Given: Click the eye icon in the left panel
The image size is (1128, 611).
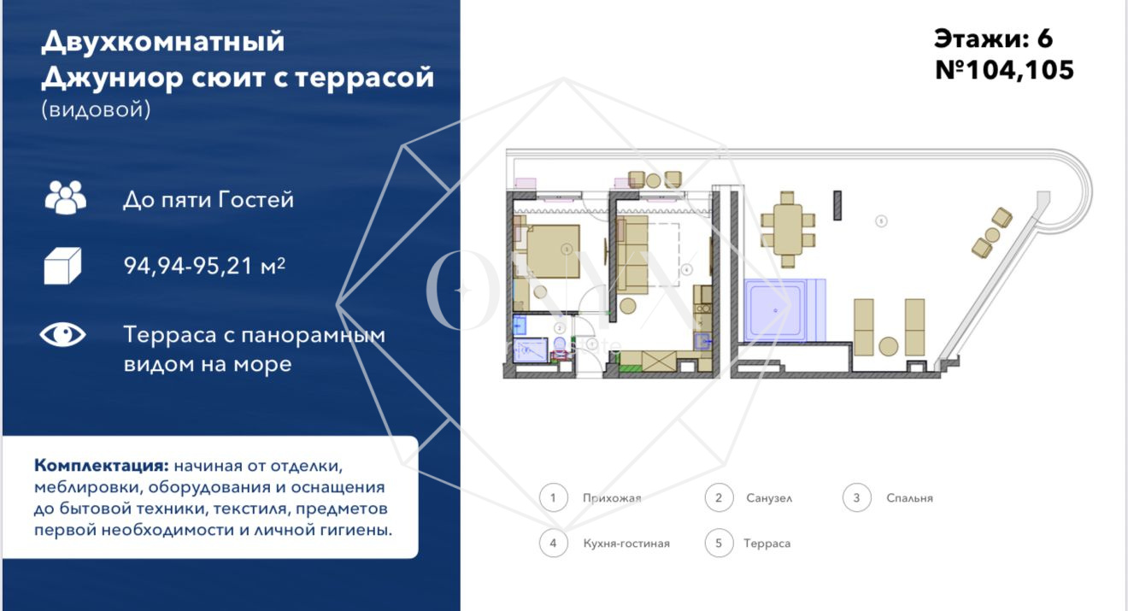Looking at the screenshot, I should point(63,335).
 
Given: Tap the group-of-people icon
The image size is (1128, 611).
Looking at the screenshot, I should point(65,198).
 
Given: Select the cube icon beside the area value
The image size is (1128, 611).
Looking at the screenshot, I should point(62,266).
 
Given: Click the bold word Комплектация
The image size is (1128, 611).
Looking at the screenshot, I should point(101,467).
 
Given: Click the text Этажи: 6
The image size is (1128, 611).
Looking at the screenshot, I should point(993,38).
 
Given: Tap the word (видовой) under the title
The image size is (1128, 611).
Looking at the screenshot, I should point(96,109).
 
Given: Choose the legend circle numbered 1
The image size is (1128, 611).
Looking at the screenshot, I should point(554,498).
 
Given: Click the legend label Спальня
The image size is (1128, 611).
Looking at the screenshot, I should point(909,498).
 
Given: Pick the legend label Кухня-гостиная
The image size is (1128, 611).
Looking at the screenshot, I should point(626,543).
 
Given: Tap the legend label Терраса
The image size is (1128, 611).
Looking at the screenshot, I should point(767,543).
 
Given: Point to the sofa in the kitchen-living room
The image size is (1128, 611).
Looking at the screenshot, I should point(632,255).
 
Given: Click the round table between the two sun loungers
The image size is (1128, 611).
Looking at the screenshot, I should point(889,346).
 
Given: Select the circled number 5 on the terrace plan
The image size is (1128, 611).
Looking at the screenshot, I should point(881,221).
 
